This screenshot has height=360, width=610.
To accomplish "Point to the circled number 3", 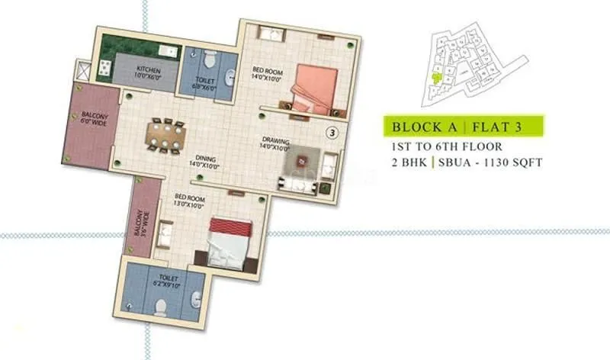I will tap(332, 132).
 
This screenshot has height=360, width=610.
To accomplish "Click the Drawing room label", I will tap(274, 143).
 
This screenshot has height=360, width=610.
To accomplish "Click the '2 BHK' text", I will tap(403, 162).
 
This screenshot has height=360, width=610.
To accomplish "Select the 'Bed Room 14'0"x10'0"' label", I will tap(267, 72).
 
